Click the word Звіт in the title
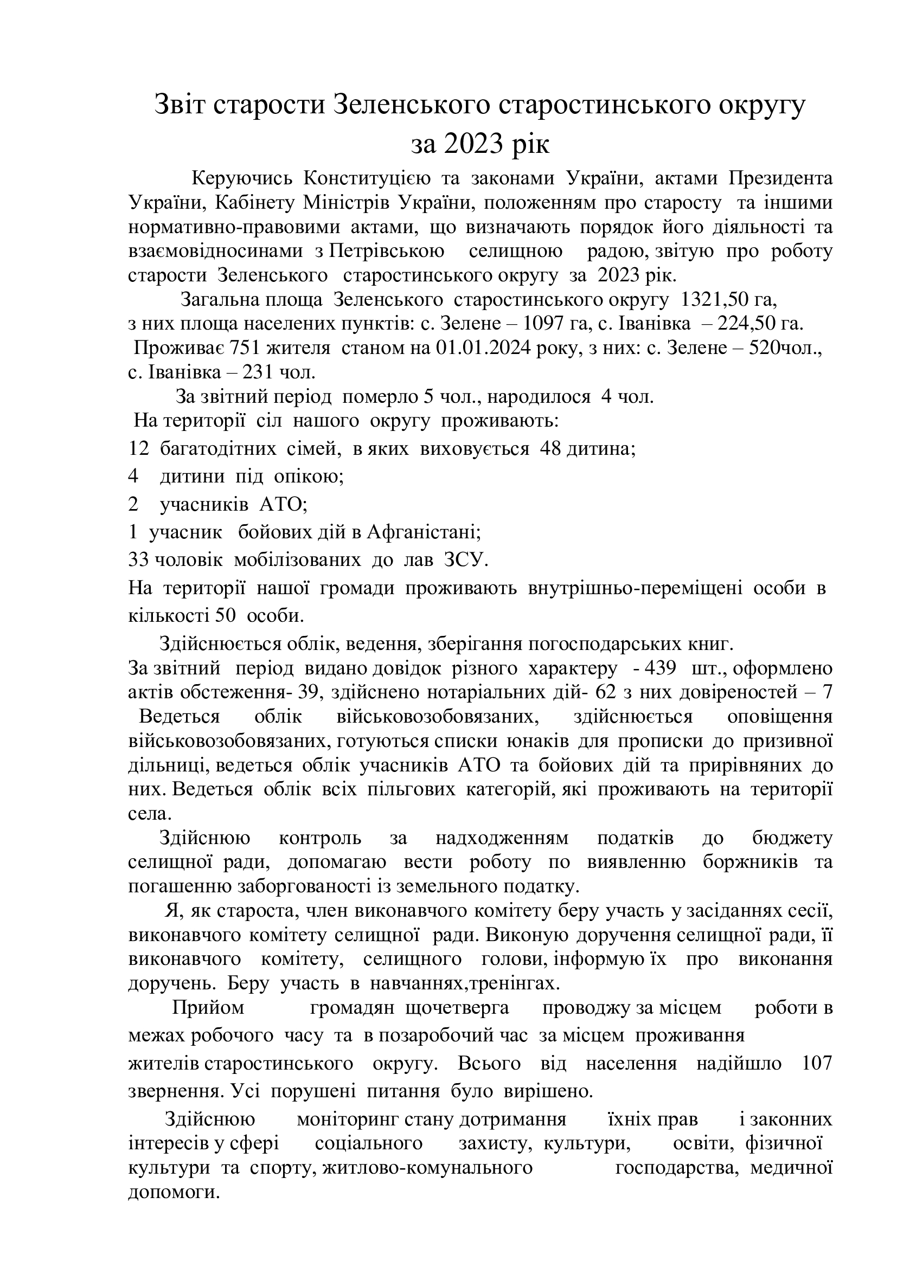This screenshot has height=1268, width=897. point(178,105)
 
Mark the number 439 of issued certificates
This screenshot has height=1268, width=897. point(661,669)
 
